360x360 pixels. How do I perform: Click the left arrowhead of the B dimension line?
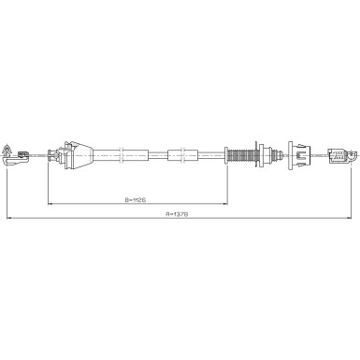[50, 204]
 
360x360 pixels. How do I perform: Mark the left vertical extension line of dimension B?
[48, 182]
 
